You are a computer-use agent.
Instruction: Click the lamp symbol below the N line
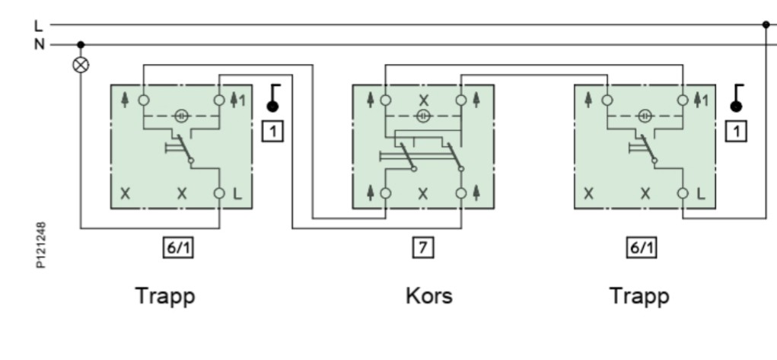point(81,65)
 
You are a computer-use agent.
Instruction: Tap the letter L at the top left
point(38,25)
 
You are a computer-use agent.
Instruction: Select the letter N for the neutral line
point(39,45)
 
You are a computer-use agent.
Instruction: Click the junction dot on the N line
point(81,45)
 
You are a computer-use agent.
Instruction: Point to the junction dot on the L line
point(766,24)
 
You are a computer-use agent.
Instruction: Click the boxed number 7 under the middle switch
point(422,247)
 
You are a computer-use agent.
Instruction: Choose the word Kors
point(429,296)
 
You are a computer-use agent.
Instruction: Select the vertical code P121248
point(41,245)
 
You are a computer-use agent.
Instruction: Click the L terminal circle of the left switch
point(219,193)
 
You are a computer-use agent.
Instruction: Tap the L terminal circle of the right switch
point(683,193)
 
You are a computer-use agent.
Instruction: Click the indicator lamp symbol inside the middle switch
point(422,116)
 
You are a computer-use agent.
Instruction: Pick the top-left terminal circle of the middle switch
point(386,100)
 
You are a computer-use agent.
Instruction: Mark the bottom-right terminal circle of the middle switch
point(461,193)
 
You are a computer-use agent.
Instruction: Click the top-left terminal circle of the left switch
point(144,100)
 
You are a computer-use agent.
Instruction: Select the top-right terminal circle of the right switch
point(683,100)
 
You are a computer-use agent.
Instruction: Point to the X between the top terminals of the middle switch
point(423,100)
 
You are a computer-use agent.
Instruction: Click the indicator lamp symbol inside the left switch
point(181,116)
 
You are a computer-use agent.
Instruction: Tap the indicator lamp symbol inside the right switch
point(645,116)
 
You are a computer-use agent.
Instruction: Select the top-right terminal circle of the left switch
point(219,100)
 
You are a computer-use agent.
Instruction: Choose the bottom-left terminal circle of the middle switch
point(386,193)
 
